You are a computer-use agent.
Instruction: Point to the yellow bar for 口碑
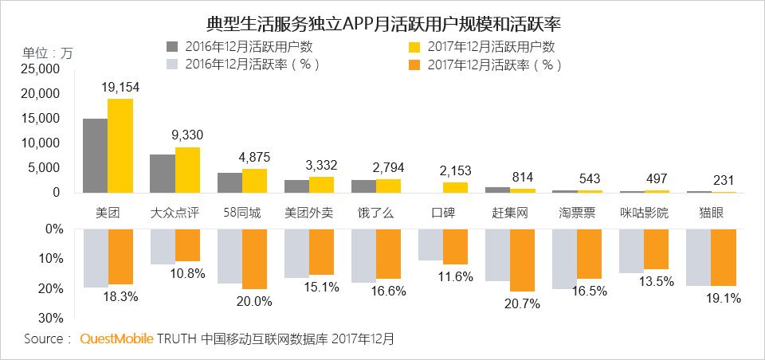pos(455,187)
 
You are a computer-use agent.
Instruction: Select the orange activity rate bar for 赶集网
pos(522,260)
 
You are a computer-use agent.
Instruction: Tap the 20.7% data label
pos(523,303)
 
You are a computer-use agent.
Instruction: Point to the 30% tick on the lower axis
pos(49,318)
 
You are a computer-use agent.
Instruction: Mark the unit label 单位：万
pos(46,53)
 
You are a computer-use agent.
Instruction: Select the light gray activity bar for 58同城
pos(229,256)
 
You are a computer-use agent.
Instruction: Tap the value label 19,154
pos(121,87)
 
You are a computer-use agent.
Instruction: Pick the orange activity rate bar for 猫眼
pos(723,257)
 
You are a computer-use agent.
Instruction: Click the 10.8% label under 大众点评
pos(188,273)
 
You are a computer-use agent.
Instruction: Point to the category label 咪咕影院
pos(644,213)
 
